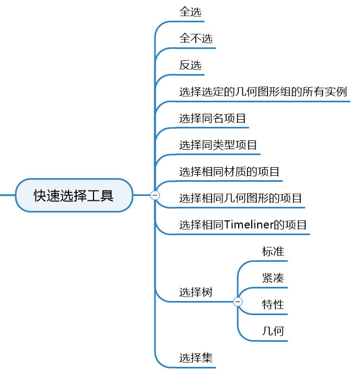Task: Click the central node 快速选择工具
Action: [x=74, y=195]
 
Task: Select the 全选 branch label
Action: [x=190, y=11]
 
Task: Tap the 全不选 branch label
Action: [x=196, y=39]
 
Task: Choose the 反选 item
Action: [x=190, y=65]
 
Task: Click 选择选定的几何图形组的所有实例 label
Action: [x=263, y=91]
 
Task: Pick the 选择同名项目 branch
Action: [x=213, y=118]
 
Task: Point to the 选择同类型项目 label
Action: [x=218, y=145]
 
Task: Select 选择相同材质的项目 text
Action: [x=229, y=171]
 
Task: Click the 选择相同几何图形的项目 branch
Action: [x=240, y=198]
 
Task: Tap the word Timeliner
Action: [x=250, y=225]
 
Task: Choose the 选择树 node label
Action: [x=196, y=292]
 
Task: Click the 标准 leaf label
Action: [x=273, y=251]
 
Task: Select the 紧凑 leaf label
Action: [x=273, y=278]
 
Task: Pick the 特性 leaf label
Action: [x=273, y=304]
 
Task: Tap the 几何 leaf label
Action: [x=273, y=331]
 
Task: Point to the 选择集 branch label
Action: [x=196, y=358]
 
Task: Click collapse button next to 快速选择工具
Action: [x=155, y=195]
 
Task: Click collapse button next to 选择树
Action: [x=238, y=302]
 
